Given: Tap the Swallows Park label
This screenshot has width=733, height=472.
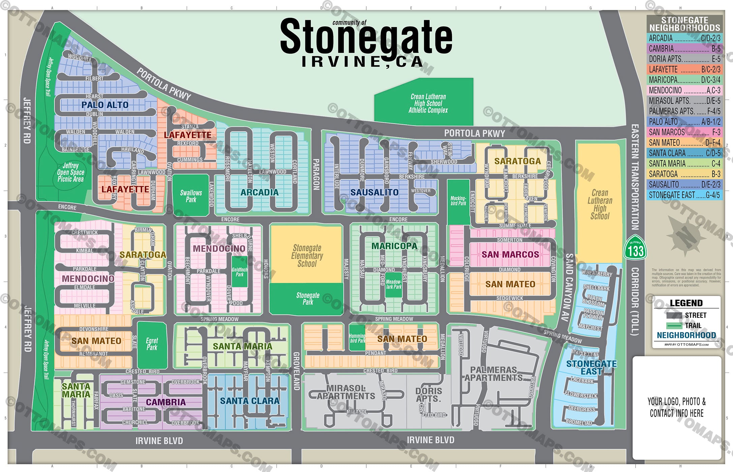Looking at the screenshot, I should tap(191, 196).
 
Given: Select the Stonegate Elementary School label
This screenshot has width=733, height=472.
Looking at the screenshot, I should tap(307, 256).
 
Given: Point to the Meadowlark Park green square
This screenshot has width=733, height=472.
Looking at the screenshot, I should tap(393, 285).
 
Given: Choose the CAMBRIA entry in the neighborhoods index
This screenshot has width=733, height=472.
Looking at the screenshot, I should tap(684, 49).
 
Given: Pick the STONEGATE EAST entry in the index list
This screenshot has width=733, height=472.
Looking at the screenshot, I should tap(684, 195).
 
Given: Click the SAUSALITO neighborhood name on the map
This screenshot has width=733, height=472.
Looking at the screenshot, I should tap(374, 193).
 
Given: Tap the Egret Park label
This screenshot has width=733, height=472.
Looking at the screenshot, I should tap(152, 344).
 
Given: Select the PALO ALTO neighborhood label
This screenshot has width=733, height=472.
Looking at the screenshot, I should tap(105, 105).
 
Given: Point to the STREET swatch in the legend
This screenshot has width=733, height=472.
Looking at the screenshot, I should tap(674, 316).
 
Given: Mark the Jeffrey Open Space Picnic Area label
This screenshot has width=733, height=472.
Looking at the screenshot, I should tap(70, 172).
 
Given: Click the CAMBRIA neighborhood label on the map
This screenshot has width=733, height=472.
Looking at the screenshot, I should tap(166, 402).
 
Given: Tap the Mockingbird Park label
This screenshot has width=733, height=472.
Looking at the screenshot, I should tap(458, 201).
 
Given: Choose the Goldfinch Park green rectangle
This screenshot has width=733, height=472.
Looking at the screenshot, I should tap(240, 272).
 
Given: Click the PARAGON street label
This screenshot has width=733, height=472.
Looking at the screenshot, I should tap(316, 175).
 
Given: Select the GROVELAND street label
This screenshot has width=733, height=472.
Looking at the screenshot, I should tap(296, 371).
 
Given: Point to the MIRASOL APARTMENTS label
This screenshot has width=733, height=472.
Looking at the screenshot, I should tap(346, 392).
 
